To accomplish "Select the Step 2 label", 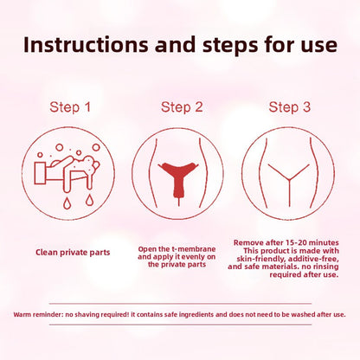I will [x=180, y=107].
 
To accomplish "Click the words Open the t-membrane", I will [x=179, y=249].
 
